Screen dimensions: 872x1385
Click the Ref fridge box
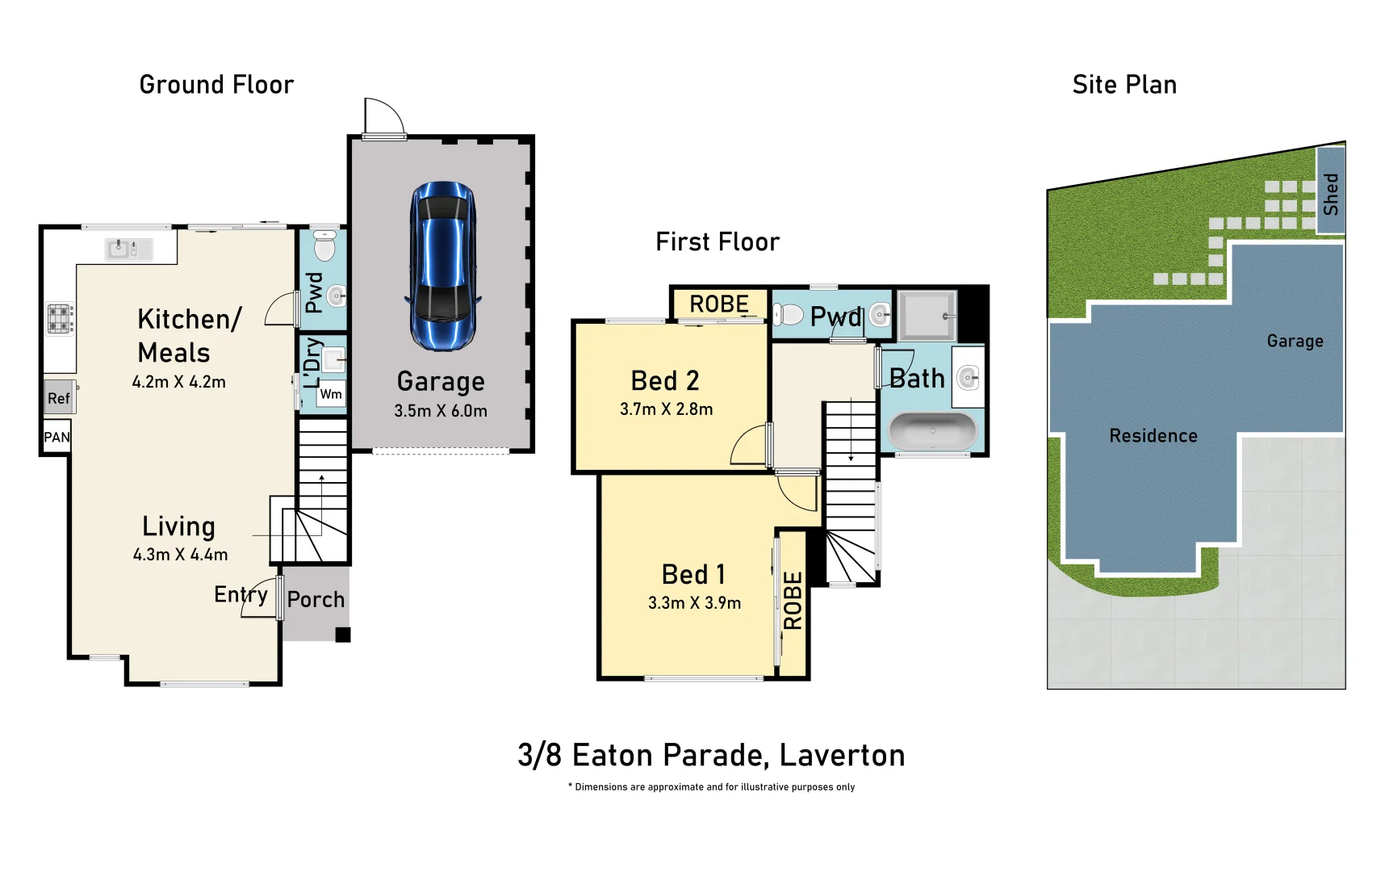coord(59,398)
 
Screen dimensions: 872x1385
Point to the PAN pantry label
coord(56,438)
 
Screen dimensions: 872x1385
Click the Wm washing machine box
coord(331,394)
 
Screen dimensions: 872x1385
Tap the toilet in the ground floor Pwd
coord(324,245)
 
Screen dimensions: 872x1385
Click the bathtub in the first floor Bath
coord(932,431)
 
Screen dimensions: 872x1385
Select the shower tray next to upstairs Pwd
coord(927,315)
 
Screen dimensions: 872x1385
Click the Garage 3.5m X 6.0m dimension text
coord(441,411)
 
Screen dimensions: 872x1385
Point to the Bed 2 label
coord(665,380)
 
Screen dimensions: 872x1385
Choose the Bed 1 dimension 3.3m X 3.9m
coord(694,603)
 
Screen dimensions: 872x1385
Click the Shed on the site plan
coord(1330,192)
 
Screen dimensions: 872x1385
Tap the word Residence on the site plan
coord(1153,436)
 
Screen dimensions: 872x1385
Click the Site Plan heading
coord(1124,85)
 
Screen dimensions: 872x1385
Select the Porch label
coord(316,600)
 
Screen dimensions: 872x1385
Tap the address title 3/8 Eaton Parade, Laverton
coord(711,756)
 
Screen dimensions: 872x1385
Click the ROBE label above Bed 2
coord(719,304)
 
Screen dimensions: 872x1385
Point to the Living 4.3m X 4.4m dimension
coord(180,555)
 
